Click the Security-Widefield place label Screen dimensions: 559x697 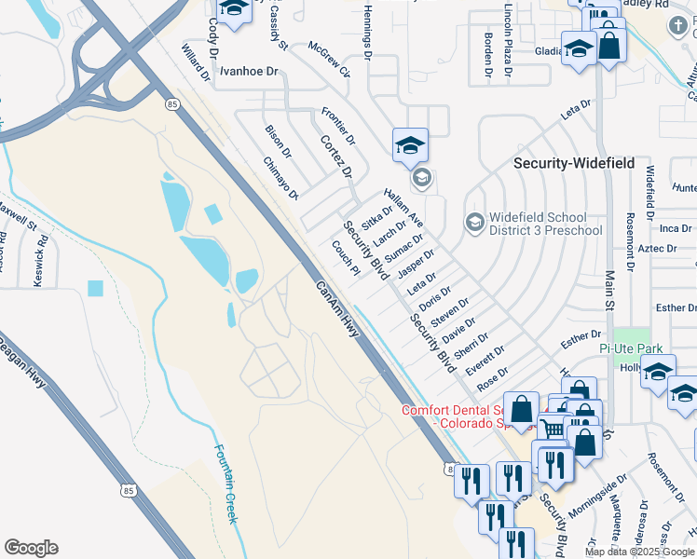click(x=574, y=163)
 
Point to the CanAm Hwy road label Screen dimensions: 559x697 click(x=336, y=309)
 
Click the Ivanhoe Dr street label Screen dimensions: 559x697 click(x=249, y=71)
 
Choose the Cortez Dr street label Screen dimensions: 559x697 click(x=335, y=156)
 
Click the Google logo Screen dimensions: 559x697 click(x=31, y=548)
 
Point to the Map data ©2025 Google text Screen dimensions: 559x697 click(x=639, y=552)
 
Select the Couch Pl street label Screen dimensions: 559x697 click(x=345, y=258)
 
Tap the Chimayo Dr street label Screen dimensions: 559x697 click(x=279, y=177)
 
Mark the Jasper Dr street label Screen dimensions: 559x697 click(x=416, y=264)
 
